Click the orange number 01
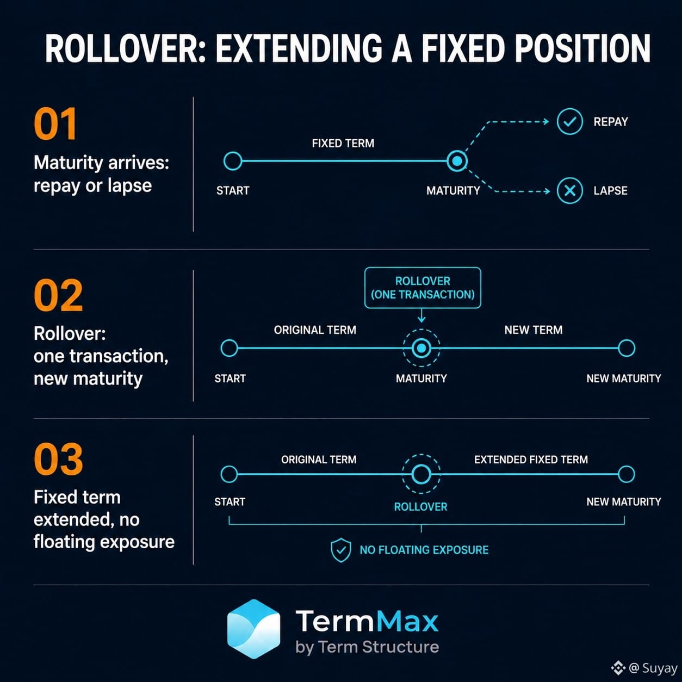click(55, 124)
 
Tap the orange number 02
click(58, 295)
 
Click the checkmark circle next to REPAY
click(569, 121)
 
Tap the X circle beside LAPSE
click(569, 191)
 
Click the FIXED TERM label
click(343, 144)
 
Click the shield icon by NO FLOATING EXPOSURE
click(341, 550)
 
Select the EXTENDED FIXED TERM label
click(531, 460)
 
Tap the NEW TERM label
click(534, 330)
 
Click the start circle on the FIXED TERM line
click(233, 161)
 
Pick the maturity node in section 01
click(457, 161)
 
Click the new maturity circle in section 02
click(627, 348)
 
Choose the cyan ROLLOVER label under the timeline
click(420, 507)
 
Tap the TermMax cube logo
click(253, 629)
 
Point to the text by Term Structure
click(367, 647)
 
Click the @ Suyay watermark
click(644, 668)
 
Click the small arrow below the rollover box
click(421, 315)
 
